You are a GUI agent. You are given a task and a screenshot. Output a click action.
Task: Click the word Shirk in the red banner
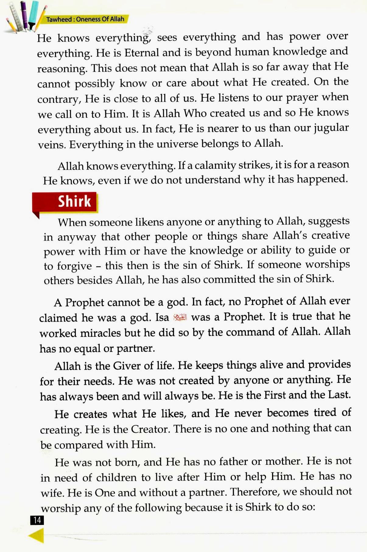(74, 201)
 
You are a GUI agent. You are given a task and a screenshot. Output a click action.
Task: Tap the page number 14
(37, 520)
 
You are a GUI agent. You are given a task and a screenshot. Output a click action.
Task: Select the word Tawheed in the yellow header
(59, 19)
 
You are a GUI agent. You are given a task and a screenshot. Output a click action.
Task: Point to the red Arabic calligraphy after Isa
(180, 318)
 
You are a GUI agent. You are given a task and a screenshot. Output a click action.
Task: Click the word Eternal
(142, 53)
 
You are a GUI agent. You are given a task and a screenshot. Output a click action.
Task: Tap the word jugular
(331, 128)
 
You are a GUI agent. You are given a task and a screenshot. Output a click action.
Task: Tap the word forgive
(74, 266)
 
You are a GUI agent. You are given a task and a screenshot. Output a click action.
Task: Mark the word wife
(51, 492)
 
